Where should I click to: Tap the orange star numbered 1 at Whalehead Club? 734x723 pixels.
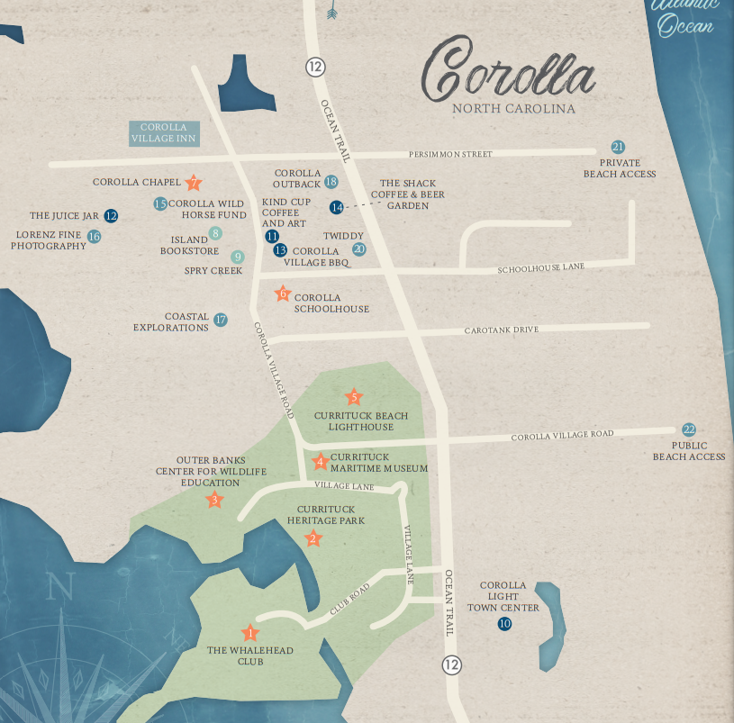click(x=249, y=633)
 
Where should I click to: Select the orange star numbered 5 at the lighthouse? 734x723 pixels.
click(x=354, y=397)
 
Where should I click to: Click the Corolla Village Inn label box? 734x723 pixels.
click(x=163, y=133)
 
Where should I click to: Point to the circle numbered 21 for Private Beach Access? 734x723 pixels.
click(x=618, y=147)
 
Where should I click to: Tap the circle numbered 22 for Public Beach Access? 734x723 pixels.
click(x=689, y=429)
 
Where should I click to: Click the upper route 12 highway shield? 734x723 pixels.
click(x=314, y=67)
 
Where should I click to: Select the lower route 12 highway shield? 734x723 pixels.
click(x=451, y=664)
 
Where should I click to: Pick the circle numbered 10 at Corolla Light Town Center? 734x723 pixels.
click(x=504, y=623)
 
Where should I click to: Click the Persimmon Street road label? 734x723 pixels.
click(x=450, y=154)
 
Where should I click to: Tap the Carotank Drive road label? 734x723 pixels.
click(x=501, y=330)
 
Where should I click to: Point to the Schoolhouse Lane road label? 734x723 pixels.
click(x=540, y=267)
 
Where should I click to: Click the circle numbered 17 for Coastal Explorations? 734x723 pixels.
click(x=221, y=320)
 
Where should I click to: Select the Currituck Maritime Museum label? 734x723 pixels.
click(x=378, y=463)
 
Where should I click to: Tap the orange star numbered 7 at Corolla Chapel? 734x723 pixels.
click(x=194, y=183)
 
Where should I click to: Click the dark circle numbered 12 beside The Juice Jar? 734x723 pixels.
click(x=111, y=216)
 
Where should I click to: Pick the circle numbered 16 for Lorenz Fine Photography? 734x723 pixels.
click(x=94, y=237)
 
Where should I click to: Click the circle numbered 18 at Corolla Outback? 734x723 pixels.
click(x=331, y=182)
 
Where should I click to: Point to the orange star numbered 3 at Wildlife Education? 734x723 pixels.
click(x=214, y=500)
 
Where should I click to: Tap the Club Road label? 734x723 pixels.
click(x=349, y=599)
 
